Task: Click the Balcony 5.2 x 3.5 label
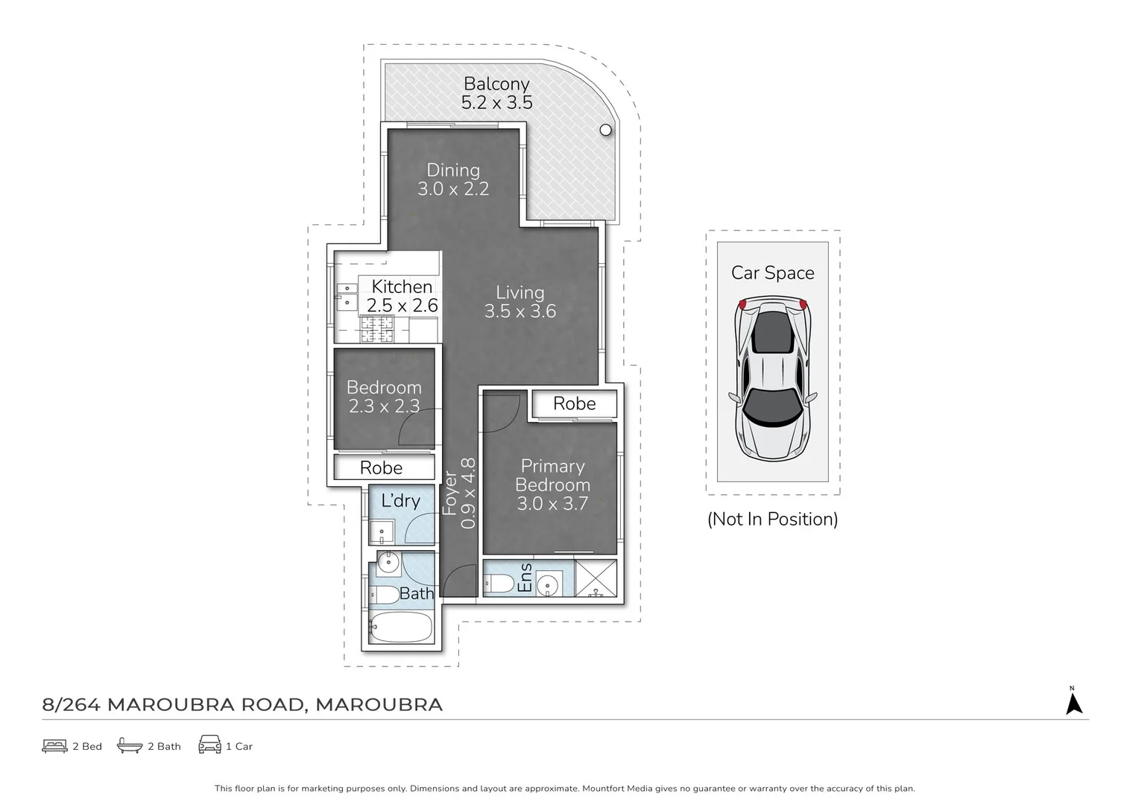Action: (496, 93)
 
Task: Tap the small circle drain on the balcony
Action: (605, 130)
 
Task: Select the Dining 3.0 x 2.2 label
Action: (453, 180)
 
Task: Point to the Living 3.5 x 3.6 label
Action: (520, 302)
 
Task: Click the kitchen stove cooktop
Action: (377, 329)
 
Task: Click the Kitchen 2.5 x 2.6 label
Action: (402, 296)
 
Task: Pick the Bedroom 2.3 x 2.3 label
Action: (384, 397)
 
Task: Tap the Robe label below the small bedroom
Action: (381, 467)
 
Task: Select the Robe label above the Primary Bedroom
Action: (574, 403)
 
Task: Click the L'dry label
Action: (400, 500)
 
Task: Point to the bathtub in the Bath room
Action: (401, 628)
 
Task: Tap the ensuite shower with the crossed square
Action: (596, 578)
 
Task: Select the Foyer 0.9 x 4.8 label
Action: (459, 493)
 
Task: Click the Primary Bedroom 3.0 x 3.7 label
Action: (552, 484)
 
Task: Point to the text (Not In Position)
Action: (772, 519)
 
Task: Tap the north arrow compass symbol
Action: (1073, 703)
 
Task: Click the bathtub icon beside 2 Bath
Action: (130, 745)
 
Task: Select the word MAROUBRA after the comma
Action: (379, 704)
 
